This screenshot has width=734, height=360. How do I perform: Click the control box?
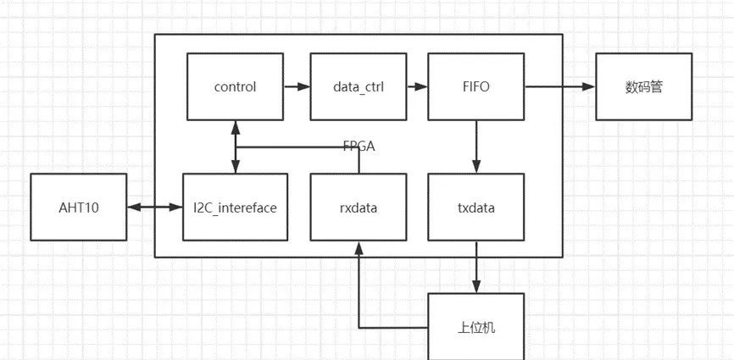pyautogui.click(x=235, y=86)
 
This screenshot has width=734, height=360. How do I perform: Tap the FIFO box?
pyautogui.click(x=475, y=86)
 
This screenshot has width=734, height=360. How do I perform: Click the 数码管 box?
pyautogui.click(x=650, y=86)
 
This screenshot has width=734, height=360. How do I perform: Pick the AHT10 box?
pyautogui.click(x=79, y=206)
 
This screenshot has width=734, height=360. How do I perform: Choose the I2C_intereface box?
pyautogui.click(x=235, y=206)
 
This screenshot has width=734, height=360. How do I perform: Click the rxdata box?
pyautogui.click(x=359, y=206)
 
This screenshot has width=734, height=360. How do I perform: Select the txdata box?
pyautogui.click(x=475, y=206)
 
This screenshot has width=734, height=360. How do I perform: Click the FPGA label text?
pyautogui.click(x=359, y=147)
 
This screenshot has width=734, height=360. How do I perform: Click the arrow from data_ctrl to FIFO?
pyautogui.click(x=415, y=86)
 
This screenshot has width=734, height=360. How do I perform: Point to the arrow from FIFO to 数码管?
pyautogui.click(x=559, y=86)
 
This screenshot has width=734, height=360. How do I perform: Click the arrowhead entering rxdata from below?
pyautogui.click(x=359, y=249)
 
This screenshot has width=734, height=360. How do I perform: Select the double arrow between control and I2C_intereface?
pyautogui.click(x=235, y=146)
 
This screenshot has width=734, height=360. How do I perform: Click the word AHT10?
pyautogui.click(x=79, y=206)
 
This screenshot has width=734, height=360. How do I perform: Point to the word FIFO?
pyautogui.click(x=475, y=86)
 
